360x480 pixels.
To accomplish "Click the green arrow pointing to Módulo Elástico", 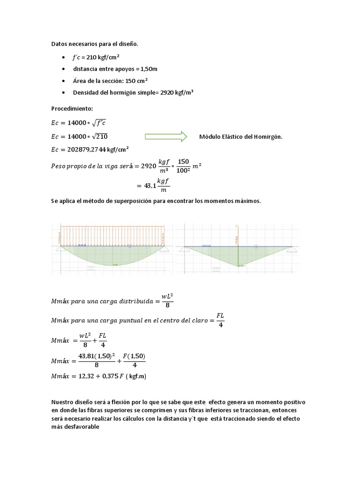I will (x=166, y=136).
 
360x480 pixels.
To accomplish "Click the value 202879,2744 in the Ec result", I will (x=87, y=150).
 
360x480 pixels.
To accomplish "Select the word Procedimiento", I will (x=72, y=108).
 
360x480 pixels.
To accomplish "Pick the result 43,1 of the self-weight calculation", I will (x=148, y=186).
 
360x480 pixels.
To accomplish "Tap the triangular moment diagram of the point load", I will (x=239, y=256).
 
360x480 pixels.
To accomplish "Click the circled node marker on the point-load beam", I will (x=256, y=246).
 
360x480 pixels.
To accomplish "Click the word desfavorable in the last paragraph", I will (x=80, y=427).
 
